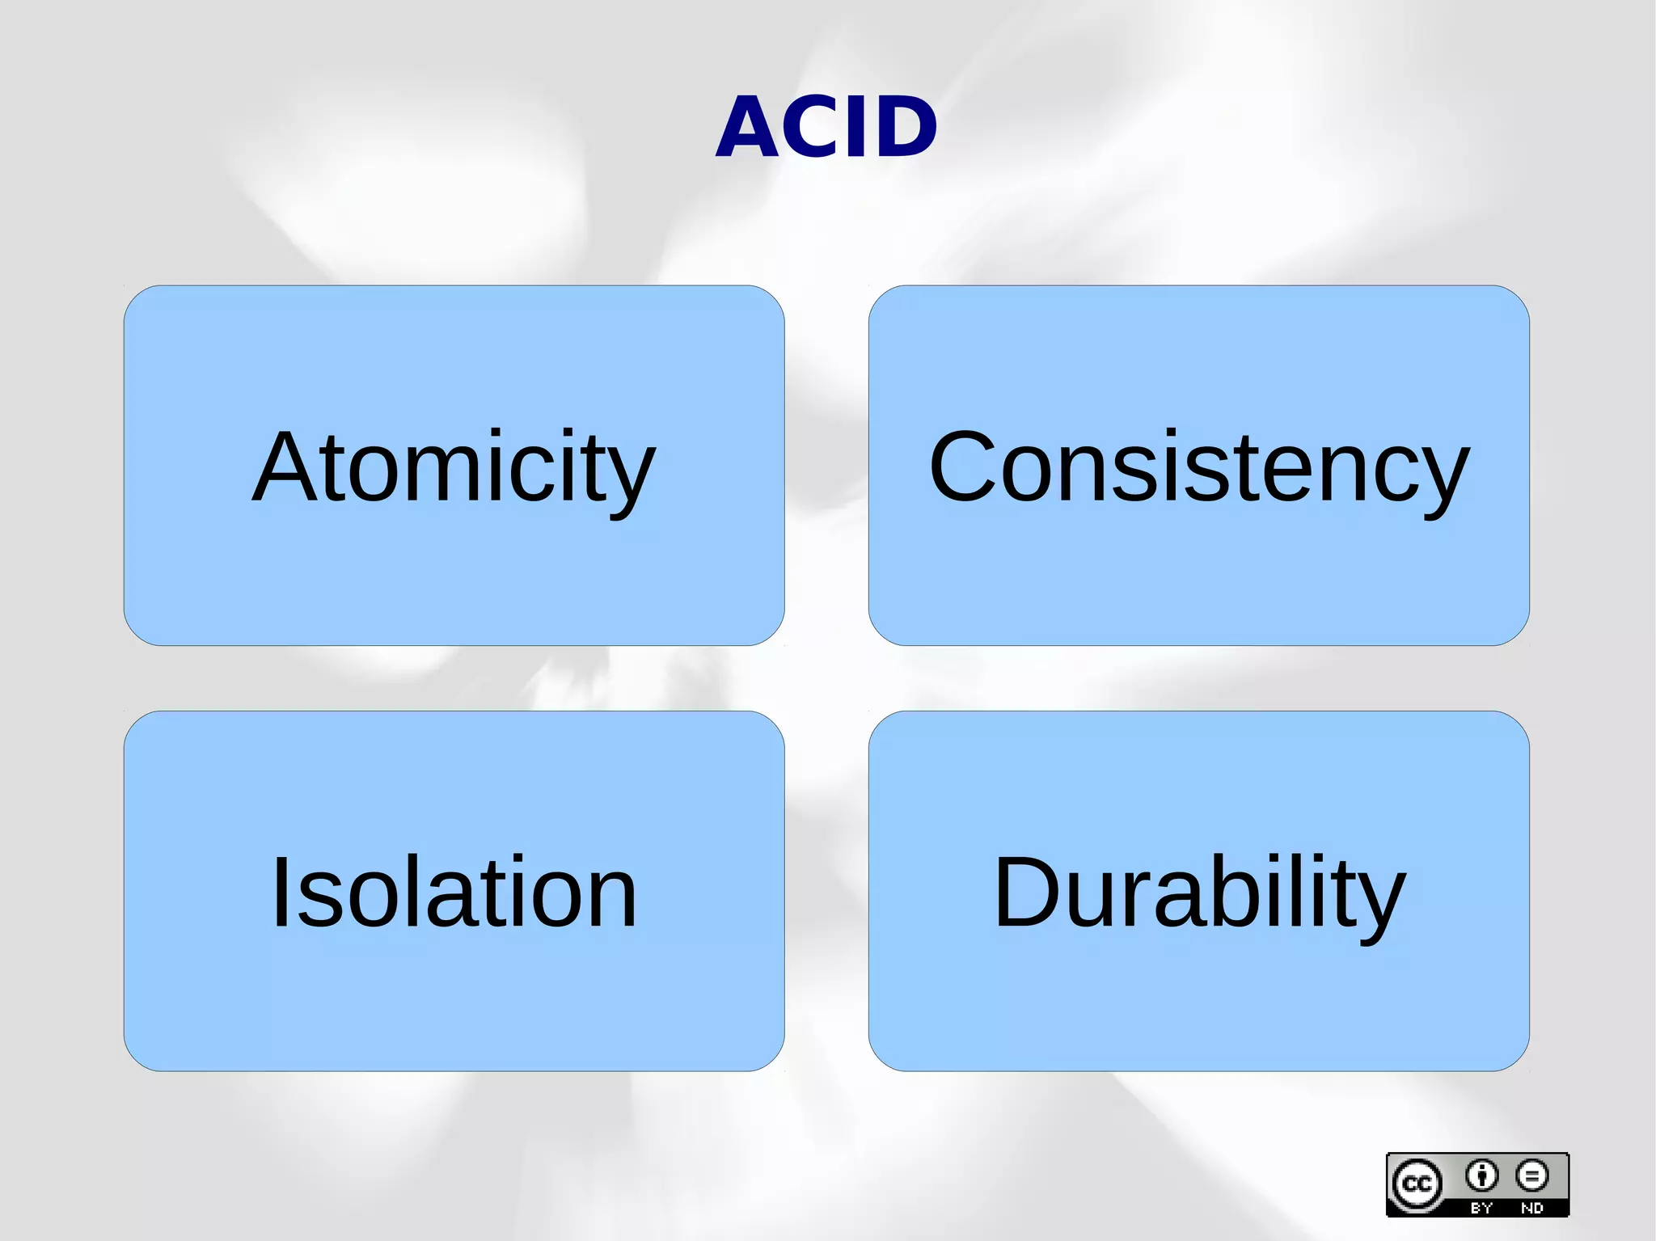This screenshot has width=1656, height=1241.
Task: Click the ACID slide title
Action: (826, 127)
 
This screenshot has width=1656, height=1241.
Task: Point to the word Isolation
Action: (454, 893)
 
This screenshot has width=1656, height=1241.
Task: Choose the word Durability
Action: (1199, 893)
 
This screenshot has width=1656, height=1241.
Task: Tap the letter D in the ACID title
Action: (904, 127)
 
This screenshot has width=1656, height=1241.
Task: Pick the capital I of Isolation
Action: (281, 893)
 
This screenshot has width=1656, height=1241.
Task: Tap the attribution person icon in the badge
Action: (1481, 1176)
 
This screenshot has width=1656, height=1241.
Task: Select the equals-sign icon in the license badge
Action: (1532, 1176)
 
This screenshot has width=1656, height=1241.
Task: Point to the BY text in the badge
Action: (1481, 1208)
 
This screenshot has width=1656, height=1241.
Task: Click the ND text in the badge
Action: (1532, 1208)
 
